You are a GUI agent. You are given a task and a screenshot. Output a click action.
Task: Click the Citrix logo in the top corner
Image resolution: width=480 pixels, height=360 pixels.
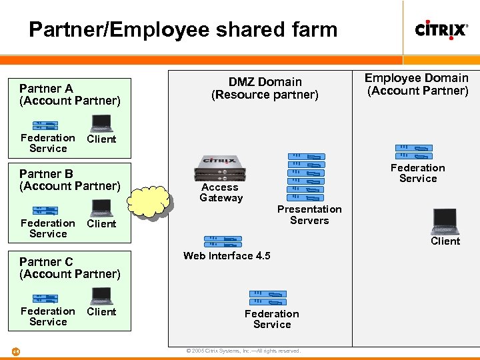(x=441, y=29)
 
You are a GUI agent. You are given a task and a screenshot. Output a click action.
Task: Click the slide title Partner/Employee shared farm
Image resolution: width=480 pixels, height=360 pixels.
(x=183, y=29)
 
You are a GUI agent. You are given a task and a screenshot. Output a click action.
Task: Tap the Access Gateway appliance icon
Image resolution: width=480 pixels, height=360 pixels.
(x=219, y=167)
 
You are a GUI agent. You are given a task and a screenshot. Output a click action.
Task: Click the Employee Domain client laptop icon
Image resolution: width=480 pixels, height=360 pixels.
(x=445, y=221)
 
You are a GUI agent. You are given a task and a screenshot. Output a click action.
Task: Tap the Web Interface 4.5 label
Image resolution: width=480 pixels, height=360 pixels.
(x=227, y=256)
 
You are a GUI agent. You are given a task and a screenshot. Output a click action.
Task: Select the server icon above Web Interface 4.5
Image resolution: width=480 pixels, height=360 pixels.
(x=223, y=241)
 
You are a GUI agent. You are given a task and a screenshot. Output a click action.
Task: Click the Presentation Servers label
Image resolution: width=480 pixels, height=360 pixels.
(x=309, y=215)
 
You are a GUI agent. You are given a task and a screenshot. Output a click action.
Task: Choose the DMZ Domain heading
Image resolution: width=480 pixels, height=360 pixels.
(x=265, y=88)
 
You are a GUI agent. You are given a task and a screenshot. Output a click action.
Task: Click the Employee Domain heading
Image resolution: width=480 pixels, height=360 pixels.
(x=417, y=84)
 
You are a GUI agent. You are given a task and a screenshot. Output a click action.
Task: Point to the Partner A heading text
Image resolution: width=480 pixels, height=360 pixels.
(x=70, y=94)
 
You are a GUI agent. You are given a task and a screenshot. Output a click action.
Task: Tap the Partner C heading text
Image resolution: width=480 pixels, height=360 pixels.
(x=70, y=267)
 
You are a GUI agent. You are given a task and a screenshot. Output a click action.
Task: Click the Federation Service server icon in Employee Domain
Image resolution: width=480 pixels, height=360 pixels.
(x=413, y=151)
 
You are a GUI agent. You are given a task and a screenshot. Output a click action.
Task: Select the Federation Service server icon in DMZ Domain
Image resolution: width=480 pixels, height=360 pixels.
(x=267, y=298)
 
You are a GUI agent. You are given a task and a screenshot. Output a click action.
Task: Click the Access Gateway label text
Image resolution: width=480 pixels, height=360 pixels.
(x=221, y=193)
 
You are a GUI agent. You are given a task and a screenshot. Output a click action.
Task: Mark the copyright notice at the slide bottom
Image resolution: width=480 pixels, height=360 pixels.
(x=243, y=351)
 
